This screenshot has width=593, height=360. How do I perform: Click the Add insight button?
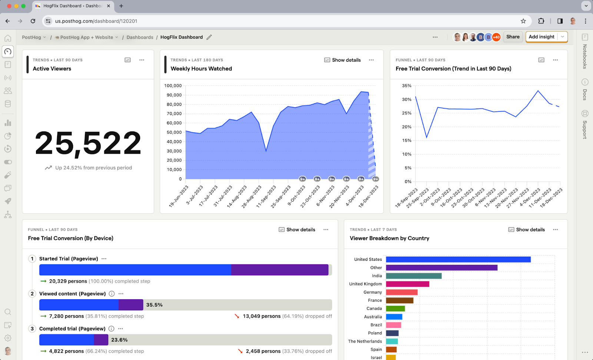(541, 37)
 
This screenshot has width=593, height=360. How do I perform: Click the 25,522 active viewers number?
(88, 143)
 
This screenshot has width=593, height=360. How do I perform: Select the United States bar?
(458, 259)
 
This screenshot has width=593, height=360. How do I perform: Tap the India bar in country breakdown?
(414, 276)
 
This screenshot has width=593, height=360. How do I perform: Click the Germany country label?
(372, 292)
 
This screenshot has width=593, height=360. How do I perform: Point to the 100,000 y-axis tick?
(173, 86)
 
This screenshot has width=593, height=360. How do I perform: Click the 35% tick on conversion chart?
(407, 86)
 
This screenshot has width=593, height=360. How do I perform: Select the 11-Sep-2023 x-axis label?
(266, 196)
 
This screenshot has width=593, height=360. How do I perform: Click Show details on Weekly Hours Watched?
(342, 60)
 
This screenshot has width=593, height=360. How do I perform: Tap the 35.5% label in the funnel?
(154, 305)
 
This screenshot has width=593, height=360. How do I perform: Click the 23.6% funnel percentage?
(119, 340)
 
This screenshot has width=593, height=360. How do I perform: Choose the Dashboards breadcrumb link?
(140, 37)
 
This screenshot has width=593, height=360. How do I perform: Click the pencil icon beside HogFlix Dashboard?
(209, 37)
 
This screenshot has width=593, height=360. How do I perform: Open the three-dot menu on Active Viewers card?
(142, 60)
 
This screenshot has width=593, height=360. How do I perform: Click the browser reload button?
(33, 21)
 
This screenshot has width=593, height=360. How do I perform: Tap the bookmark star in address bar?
(523, 21)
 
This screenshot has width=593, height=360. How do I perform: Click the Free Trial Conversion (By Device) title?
(71, 238)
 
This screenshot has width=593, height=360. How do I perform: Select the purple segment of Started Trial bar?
(279, 270)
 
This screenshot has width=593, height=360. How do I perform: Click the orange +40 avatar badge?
(496, 37)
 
